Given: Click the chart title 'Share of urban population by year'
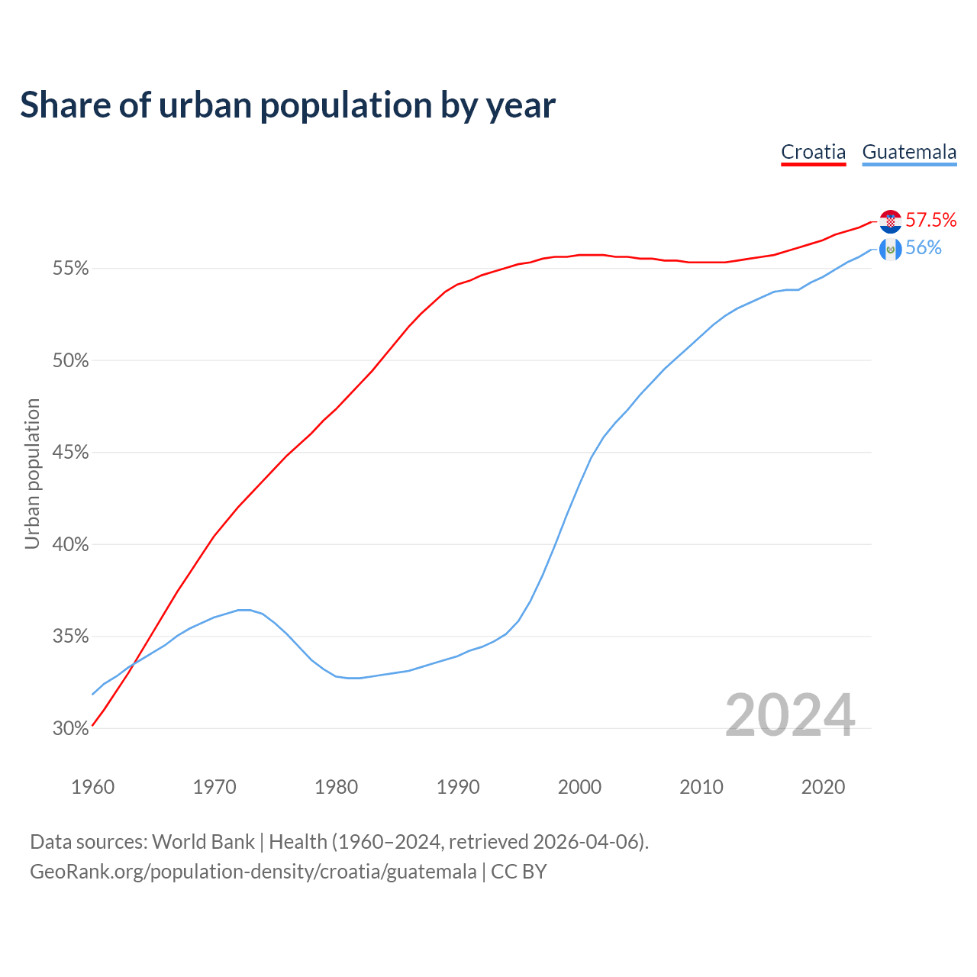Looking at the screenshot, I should (288, 105).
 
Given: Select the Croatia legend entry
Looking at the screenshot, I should (813, 152).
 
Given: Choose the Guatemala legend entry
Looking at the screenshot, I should (909, 152).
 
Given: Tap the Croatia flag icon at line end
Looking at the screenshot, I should (891, 221).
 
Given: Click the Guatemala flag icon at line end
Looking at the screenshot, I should (891, 249).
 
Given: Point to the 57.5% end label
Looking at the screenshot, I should (931, 221).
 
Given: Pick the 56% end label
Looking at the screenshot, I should (924, 248).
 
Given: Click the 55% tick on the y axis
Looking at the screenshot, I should (71, 269).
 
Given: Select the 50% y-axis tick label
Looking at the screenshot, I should (71, 361).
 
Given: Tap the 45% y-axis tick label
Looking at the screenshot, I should (71, 453).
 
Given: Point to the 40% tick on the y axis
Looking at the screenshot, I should (71, 545).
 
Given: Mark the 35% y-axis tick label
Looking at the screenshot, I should (71, 637).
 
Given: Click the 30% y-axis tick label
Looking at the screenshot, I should (71, 729).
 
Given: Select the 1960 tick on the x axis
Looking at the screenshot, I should (93, 787).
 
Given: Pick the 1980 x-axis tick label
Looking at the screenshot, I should (337, 787).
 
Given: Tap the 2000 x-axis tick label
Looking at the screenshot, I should (580, 787).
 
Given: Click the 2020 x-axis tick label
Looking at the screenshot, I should (823, 787).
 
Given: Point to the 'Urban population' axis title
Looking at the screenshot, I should (32, 473).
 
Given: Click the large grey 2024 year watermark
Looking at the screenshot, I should (790, 716).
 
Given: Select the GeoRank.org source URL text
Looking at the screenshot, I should (253, 872).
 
